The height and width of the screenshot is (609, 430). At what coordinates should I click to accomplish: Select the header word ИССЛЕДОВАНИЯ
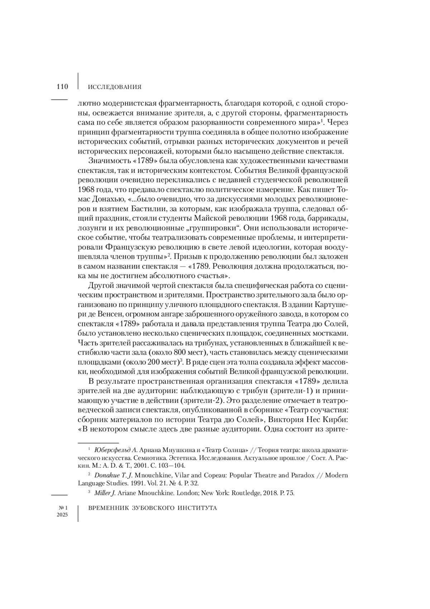click(115, 87)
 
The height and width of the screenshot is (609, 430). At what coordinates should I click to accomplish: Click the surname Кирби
click(334, 419)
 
